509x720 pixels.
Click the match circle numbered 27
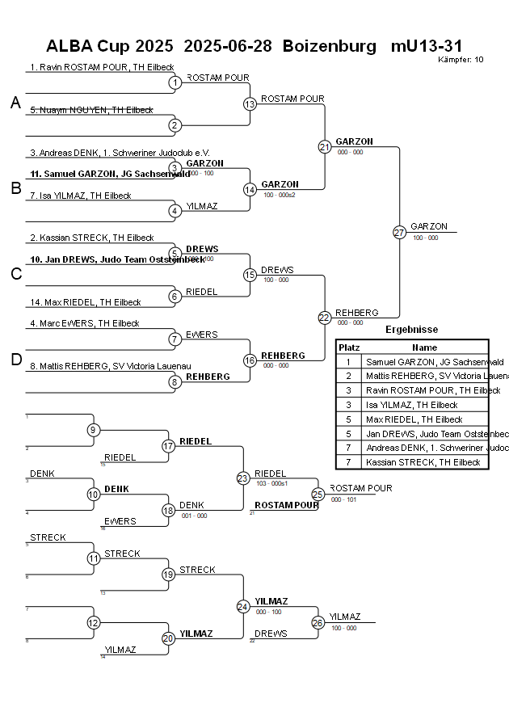(399, 233)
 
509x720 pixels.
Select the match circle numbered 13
(250, 103)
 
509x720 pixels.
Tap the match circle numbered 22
(325, 318)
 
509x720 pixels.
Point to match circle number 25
(318, 494)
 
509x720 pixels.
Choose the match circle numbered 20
(168, 638)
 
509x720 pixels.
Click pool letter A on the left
(15, 103)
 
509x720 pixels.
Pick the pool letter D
(15, 360)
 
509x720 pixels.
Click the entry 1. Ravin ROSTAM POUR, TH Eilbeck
(102, 67)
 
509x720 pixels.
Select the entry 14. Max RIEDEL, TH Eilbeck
(85, 302)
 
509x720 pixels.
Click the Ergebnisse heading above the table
(411, 330)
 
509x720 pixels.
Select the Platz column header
(348, 347)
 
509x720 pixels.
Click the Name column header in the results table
(424, 347)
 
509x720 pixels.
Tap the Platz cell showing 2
(348, 376)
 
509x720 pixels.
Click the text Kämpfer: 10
(461, 59)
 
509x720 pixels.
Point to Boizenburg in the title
(330, 46)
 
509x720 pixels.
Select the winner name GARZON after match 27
(428, 227)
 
